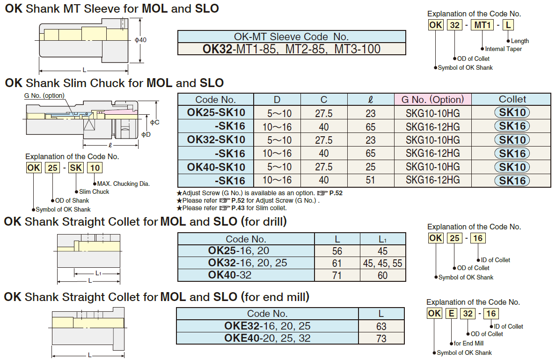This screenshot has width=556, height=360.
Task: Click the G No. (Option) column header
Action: pos(432,99)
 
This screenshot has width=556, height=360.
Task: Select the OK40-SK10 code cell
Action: pos(216,167)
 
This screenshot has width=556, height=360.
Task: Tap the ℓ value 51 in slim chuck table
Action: pos(371,180)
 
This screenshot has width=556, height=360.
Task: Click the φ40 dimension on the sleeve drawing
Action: pos(140,40)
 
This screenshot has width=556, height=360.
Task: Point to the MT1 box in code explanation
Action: pos(482,25)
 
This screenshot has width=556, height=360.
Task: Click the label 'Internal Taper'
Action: pos(503,49)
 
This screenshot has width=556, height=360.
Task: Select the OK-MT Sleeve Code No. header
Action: pos(291,37)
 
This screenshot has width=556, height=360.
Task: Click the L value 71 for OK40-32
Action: pos(337,275)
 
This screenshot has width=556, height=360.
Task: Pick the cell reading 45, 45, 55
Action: pos(382,264)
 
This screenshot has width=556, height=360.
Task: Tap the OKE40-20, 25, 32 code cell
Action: pos(267,338)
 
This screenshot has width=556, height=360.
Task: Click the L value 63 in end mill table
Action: pos(381,326)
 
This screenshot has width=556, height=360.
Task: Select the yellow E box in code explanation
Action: pos(451,314)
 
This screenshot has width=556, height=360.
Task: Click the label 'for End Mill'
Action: pos(468,343)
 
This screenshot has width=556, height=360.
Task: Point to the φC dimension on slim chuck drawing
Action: pos(155,122)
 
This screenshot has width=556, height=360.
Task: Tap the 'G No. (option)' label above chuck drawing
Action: pos(44,96)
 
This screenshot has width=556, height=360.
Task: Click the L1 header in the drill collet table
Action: pos(382,239)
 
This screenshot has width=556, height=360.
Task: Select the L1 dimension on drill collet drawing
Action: pos(98,272)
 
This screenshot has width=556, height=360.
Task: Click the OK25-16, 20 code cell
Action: pos(239,251)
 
